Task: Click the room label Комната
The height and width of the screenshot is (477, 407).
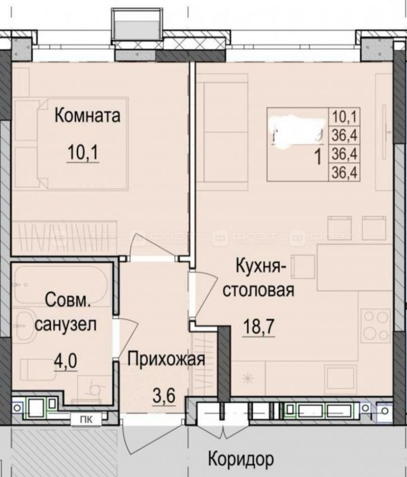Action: click(87, 116)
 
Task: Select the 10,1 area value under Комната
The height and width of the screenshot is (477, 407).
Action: click(83, 152)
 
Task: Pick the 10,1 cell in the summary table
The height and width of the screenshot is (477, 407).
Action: click(345, 117)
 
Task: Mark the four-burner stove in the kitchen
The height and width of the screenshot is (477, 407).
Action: click(376, 326)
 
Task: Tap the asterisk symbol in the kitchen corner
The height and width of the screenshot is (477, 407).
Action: click(249, 380)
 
